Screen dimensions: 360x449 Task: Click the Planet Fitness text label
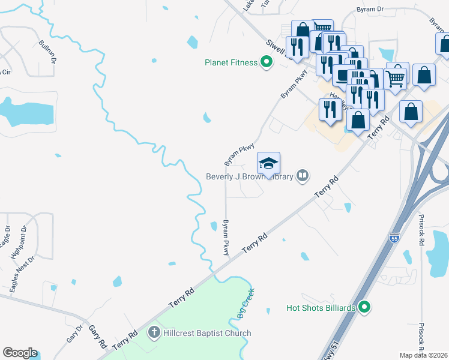pos(231,62)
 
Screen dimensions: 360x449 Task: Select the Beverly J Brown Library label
pos(249,176)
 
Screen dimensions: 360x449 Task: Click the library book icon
pos(303,176)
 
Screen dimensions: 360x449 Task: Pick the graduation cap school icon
pos(268,163)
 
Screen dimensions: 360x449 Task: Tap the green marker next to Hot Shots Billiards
pos(364,308)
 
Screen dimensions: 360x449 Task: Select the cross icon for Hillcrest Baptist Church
pos(154,332)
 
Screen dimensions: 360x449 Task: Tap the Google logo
pos(20,353)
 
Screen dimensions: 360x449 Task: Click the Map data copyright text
pos(423,355)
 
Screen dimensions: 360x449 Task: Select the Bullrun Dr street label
pos(47,52)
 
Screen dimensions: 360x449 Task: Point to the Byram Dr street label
pos(370,10)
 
